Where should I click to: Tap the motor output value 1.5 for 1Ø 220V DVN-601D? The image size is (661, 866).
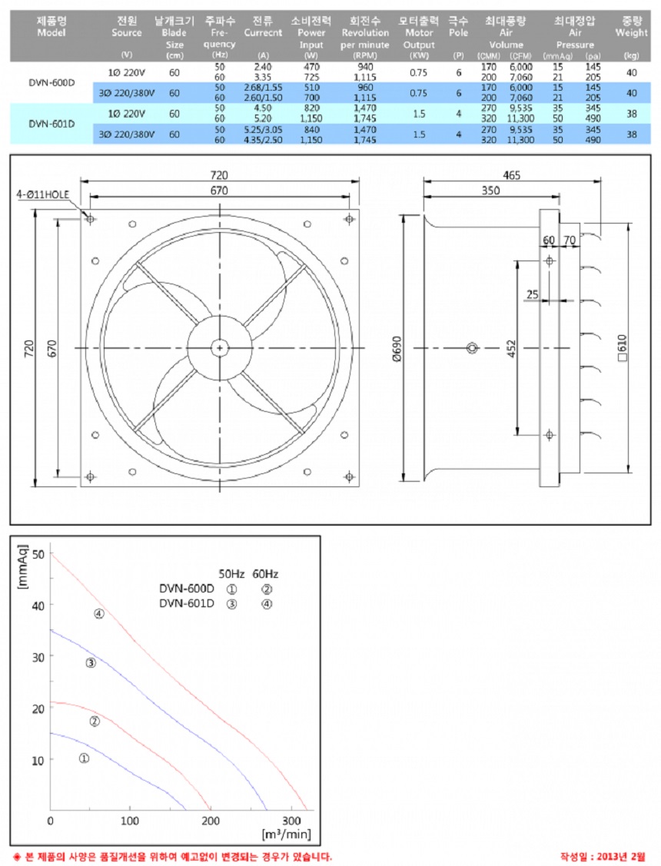(x=419, y=113)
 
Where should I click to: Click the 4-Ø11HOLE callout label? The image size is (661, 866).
(x=45, y=195)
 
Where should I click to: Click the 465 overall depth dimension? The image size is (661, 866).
(x=511, y=175)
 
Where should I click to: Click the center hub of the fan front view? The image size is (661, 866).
(x=221, y=348)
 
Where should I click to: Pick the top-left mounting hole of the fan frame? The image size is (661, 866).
(x=91, y=219)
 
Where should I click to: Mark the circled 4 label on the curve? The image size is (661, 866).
(x=98, y=613)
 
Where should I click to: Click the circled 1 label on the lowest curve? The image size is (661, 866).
(x=85, y=758)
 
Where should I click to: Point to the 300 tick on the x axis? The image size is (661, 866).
(x=291, y=821)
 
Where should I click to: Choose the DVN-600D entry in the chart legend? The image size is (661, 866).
(x=187, y=589)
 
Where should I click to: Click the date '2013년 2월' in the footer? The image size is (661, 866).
(x=623, y=856)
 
